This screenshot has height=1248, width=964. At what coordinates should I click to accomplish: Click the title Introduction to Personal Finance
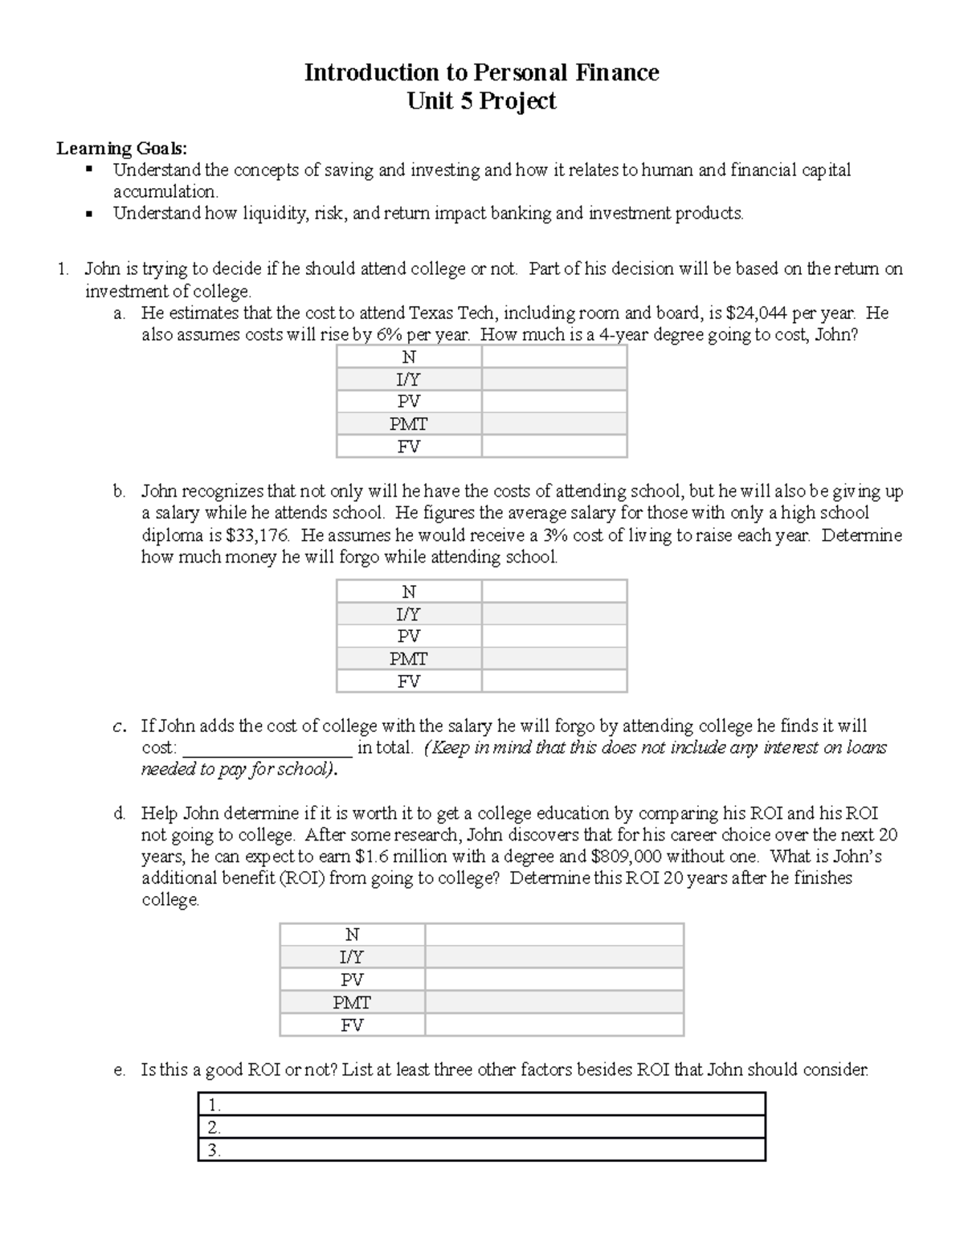click(481, 73)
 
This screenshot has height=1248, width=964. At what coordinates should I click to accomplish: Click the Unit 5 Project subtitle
click(481, 101)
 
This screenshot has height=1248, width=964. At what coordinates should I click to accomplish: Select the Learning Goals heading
click(121, 148)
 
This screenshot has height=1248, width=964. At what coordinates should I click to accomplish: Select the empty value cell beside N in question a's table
click(553, 357)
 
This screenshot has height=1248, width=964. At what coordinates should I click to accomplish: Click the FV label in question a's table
click(408, 447)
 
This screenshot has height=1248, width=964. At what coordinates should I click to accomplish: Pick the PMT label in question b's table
click(408, 659)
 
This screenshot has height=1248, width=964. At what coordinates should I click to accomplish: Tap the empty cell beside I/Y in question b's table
click(553, 614)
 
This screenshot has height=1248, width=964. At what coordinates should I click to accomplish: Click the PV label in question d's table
click(352, 980)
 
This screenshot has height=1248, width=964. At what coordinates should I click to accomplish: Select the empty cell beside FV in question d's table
click(553, 1025)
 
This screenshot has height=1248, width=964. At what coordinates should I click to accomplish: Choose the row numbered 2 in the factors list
click(481, 1127)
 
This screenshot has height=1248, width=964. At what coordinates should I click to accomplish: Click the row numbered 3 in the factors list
click(481, 1150)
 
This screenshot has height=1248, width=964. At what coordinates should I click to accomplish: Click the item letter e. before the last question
click(120, 1070)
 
